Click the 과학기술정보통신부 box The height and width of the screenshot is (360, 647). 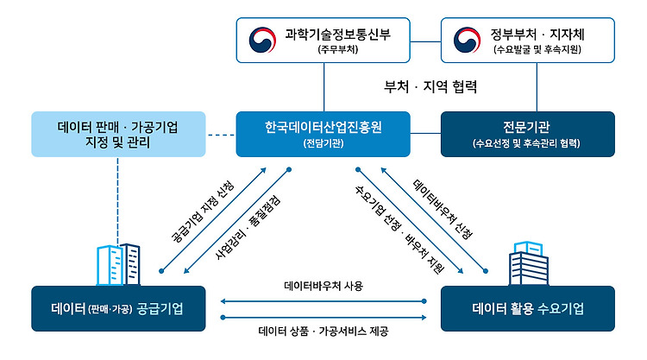323,40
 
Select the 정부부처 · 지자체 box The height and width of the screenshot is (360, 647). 528,40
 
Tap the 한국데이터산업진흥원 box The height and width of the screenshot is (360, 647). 323,134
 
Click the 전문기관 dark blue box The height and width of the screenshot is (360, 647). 528,134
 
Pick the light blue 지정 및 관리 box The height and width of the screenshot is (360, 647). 118,134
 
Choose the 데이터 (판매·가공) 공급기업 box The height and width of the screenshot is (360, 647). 118,308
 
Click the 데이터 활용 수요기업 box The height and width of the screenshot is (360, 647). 528,308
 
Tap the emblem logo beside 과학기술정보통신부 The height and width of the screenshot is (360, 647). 262,40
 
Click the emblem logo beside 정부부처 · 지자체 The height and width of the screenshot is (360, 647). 467,40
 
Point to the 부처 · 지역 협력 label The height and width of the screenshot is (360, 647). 430,86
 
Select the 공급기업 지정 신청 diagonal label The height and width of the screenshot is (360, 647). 202,211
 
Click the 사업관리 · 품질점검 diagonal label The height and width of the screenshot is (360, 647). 248,227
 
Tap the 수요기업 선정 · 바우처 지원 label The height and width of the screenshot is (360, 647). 399,230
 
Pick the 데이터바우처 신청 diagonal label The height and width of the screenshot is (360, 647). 443,209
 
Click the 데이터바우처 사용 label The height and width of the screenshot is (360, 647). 323,286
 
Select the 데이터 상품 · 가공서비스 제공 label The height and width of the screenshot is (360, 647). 323,332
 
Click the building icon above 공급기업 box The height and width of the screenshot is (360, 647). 118,265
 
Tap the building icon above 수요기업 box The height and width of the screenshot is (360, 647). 529,263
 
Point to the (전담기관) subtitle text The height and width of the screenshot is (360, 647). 323,143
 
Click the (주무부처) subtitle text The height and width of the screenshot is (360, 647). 338,49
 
